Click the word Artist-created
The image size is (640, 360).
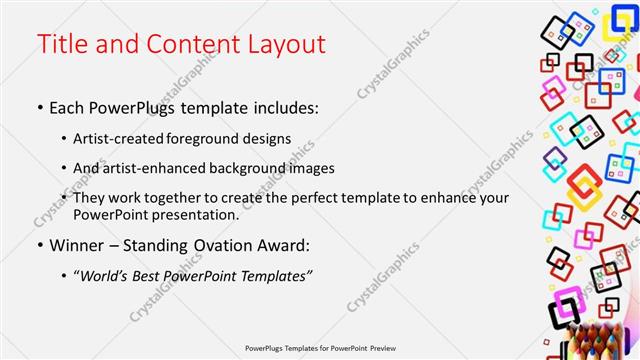[121, 138]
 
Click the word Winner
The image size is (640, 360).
[76, 245]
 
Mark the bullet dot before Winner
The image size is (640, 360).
[39, 245]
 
